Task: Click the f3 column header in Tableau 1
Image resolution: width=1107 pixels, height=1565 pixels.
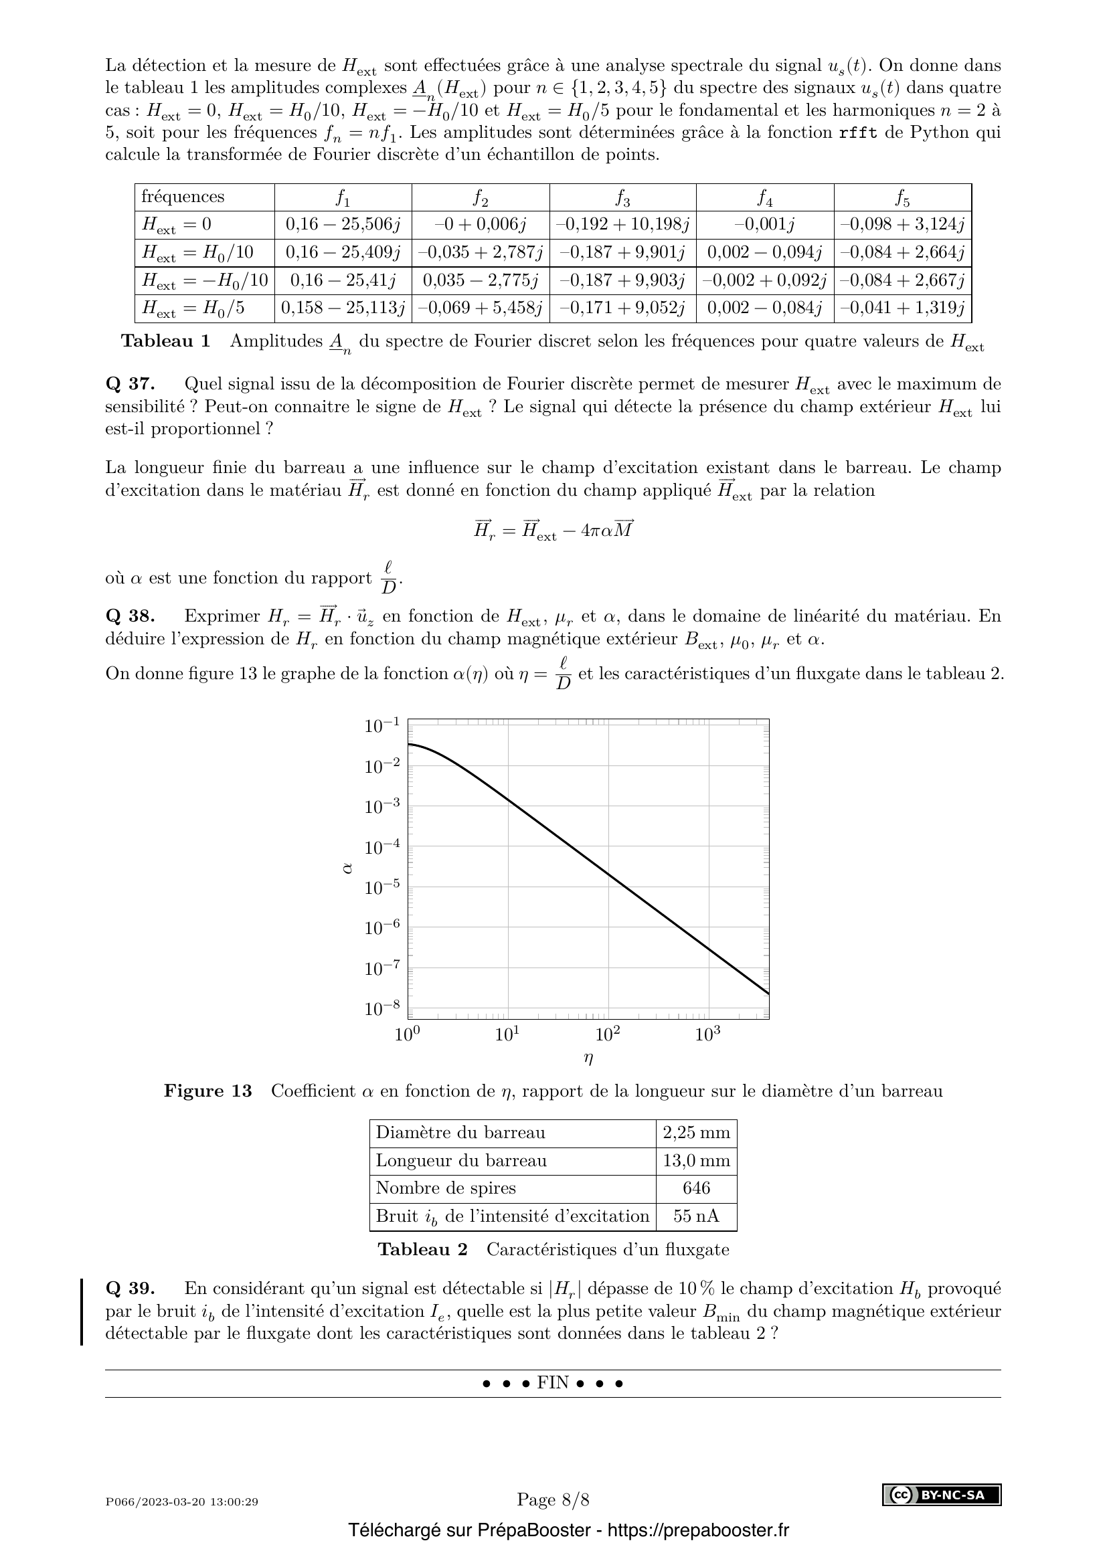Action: coord(622,197)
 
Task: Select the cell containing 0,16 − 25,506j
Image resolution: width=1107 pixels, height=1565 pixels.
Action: coord(343,224)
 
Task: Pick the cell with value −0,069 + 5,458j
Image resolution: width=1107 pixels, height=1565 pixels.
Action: coord(481,308)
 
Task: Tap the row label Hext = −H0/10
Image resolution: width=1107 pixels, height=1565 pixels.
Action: coord(205,280)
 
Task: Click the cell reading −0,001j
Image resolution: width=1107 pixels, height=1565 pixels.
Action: coord(765,224)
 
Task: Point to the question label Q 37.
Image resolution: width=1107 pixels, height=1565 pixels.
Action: coord(131,385)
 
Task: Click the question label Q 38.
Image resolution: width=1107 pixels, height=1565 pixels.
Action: coord(131,616)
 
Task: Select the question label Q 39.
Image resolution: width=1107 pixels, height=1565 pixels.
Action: coord(131,1289)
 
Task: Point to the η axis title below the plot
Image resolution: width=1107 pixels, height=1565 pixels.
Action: coord(588,1058)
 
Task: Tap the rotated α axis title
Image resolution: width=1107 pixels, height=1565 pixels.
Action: coord(347,868)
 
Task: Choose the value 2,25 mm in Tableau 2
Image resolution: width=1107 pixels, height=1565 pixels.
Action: coord(696,1133)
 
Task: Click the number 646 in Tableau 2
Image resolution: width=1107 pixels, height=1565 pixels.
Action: coord(696,1188)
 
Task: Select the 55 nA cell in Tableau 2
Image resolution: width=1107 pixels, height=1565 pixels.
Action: coord(696,1216)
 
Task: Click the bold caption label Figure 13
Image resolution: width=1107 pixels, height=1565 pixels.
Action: coord(208,1091)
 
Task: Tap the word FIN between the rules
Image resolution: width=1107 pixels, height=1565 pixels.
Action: coord(553,1382)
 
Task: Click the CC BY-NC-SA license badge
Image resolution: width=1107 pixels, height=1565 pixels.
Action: coord(942,1495)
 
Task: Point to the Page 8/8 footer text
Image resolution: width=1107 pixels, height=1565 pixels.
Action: coord(553,1499)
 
